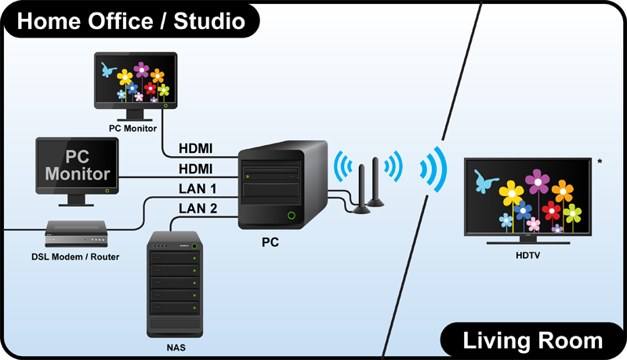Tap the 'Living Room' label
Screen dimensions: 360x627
click(533, 340)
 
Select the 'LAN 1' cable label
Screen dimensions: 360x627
click(198, 188)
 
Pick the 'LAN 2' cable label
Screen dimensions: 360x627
click(198, 208)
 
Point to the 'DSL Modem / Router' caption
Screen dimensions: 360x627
click(75, 256)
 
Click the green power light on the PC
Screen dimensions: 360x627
click(292, 214)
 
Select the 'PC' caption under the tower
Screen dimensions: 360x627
click(270, 243)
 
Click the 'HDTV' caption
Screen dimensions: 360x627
click(527, 256)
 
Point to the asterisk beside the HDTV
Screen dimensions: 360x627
click(600, 162)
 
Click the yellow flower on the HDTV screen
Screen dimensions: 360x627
click(511, 192)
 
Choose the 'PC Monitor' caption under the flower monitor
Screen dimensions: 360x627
click(133, 128)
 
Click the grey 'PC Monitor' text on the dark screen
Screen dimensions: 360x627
click(77, 163)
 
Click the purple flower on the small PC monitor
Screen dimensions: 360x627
click(142, 71)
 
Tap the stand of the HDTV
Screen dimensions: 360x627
click(527, 240)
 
